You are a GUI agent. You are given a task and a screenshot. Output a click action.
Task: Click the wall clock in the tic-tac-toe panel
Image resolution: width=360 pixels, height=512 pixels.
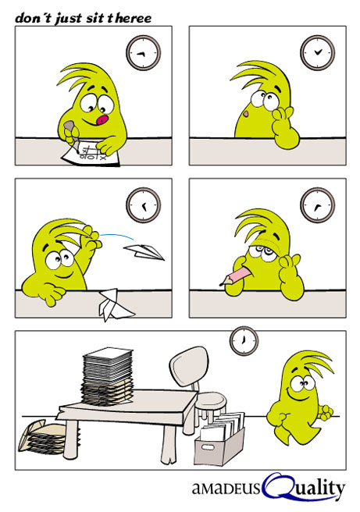(144, 53)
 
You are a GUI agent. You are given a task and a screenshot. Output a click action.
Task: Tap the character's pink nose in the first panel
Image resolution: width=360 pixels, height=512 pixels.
(102, 120)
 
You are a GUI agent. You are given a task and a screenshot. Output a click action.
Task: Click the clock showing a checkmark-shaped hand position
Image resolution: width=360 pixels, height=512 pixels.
(318, 52)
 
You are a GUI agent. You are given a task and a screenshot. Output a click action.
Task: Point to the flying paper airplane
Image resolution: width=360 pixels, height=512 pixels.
(144, 252)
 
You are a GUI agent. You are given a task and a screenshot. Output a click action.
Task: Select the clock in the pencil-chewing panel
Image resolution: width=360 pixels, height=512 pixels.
(318, 205)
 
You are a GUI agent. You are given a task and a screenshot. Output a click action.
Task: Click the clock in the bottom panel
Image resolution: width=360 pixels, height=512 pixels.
(244, 340)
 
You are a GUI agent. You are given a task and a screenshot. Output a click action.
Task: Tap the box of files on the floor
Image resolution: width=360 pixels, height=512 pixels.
(219, 438)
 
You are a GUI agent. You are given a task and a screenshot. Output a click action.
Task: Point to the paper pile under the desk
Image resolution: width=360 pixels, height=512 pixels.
(42, 437)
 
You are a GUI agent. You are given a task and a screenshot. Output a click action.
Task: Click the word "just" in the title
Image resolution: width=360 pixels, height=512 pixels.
(68, 18)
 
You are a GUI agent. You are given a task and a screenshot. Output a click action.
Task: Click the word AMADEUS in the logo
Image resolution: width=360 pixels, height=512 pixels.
(226, 489)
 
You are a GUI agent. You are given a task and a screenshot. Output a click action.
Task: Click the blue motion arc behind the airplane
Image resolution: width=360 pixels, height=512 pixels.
(118, 236)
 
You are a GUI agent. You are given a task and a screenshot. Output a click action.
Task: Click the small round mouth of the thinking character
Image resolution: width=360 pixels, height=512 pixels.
(246, 114)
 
